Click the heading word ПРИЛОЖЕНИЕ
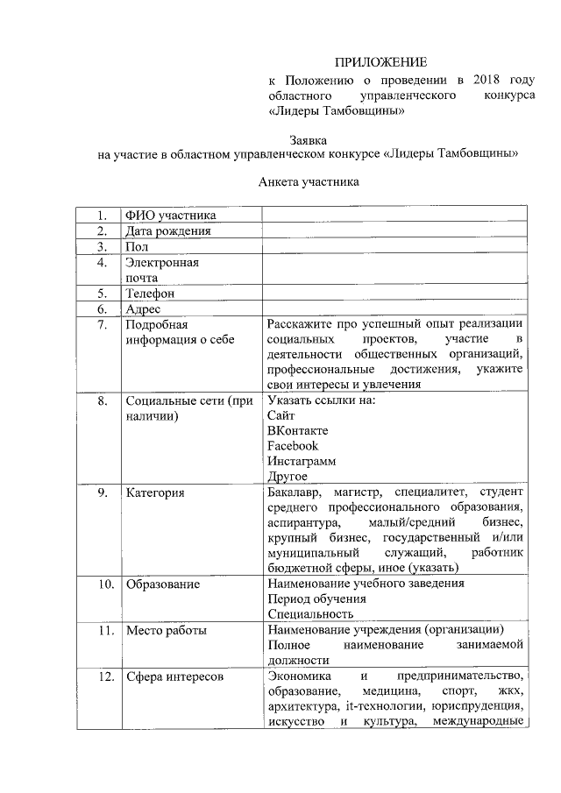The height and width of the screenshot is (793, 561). click(x=381, y=62)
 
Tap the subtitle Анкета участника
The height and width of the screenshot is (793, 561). click(x=309, y=183)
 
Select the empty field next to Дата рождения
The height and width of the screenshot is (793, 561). click(x=396, y=231)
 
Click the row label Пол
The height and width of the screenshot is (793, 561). click(x=137, y=247)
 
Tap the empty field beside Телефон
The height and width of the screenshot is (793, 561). click(x=396, y=294)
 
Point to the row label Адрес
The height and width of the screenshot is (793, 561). click(x=142, y=309)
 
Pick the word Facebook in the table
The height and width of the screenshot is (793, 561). click(x=293, y=446)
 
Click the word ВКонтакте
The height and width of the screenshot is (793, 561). click(x=299, y=430)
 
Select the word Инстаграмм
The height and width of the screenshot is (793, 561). click(x=302, y=462)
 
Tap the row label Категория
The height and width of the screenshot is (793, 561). click(x=155, y=493)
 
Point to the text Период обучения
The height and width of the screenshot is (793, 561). click(x=317, y=599)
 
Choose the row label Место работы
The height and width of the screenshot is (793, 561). click(x=166, y=630)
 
